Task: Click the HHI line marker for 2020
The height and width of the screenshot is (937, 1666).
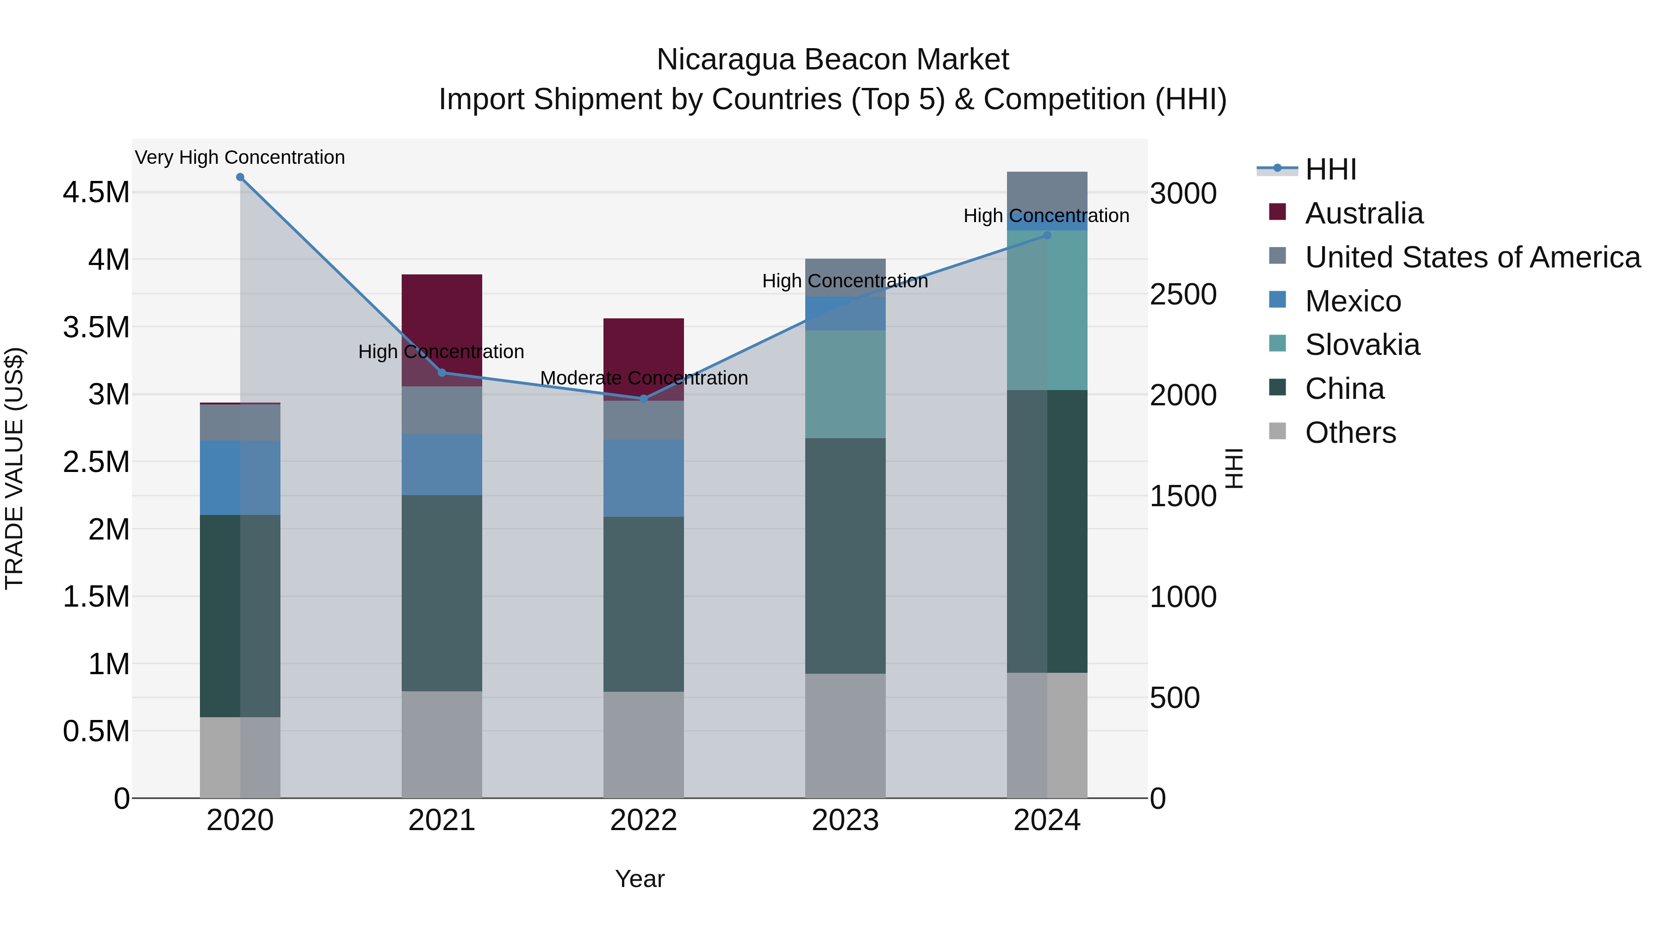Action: pyautogui.click(x=240, y=177)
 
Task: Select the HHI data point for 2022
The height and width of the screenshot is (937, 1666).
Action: pyautogui.click(x=644, y=399)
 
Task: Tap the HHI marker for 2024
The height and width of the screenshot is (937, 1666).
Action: pyautogui.click(x=1047, y=236)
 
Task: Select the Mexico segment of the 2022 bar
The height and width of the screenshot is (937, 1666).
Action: pyautogui.click(x=644, y=478)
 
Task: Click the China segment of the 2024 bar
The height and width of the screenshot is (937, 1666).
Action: pyautogui.click(x=1047, y=530)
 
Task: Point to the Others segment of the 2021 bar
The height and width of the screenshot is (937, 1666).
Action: pyautogui.click(x=442, y=744)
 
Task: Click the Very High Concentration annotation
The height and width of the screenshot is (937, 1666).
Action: pyautogui.click(x=240, y=157)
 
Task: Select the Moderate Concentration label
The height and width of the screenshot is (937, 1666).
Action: pyautogui.click(x=644, y=378)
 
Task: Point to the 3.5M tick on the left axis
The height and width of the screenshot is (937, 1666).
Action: pyautogui.click(x=96, y=327)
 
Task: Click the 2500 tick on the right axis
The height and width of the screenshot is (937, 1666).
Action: pyautogui.click(x=1183, y=294)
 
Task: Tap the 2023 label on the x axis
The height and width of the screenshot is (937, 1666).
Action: pyautogui.click(x=845, y=820)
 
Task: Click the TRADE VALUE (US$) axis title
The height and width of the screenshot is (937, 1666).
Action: pyautogui.click(x=14, y=468)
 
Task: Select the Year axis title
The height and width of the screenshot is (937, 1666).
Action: pyautogui.click(x=640, y=879)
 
